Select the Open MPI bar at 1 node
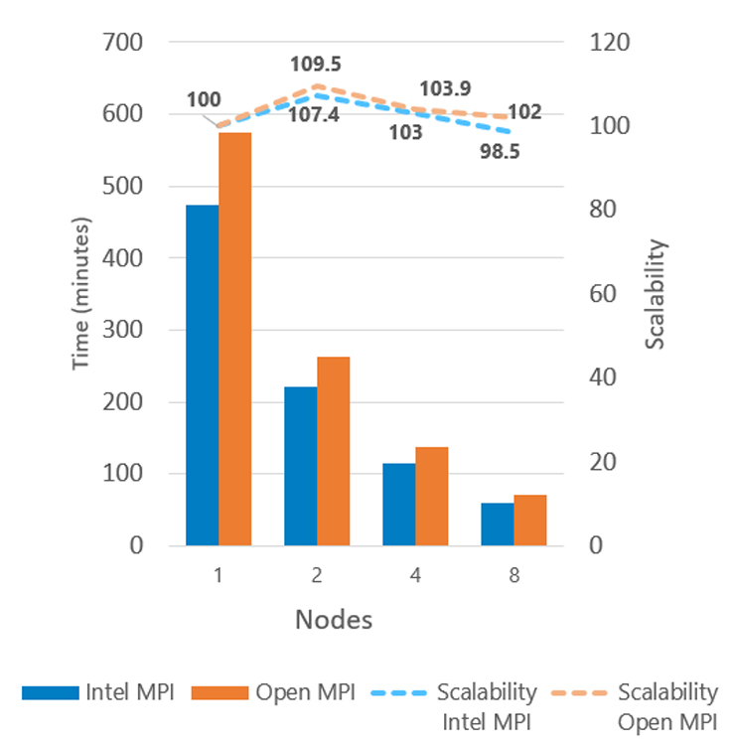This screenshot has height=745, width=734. pos(234,339)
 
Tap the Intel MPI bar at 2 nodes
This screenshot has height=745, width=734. pos(300,466)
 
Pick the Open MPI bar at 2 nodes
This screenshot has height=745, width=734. pos(333,451)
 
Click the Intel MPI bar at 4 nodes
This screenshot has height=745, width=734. pos(398,505)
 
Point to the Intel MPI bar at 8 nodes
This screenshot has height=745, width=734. pos(497,524)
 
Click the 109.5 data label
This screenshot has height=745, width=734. pos(316,65)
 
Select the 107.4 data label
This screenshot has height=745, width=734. pos(316,115)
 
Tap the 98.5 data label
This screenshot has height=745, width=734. pos(501,153)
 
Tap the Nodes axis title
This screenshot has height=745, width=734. pos(333,621)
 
